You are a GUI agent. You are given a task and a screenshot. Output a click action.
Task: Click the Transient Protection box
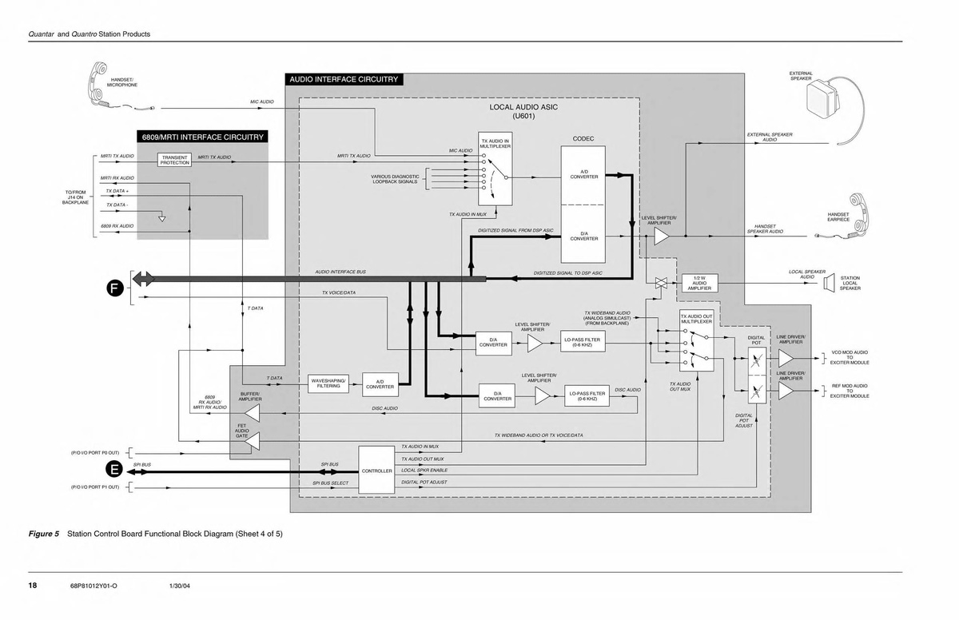pos(175,160)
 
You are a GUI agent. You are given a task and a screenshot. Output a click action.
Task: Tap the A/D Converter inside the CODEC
pos(584,175)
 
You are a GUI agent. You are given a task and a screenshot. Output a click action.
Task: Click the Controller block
pos(376,471)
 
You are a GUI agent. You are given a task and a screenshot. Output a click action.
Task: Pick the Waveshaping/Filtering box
pos(328,384)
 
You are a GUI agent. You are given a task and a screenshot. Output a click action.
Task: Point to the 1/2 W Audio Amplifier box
pos(699,284)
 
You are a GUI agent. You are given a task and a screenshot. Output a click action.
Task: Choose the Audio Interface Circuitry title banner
pos(343,80)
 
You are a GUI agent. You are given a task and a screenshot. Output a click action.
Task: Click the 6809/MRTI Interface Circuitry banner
pos(203,137)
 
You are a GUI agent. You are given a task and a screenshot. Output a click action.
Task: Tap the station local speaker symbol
pos(829,284)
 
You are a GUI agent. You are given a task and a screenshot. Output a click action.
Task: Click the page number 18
pos(33,586)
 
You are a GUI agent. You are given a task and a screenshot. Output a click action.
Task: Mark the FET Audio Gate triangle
pos(253,440)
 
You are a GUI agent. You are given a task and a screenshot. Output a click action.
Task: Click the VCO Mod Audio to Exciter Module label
pos(850,357)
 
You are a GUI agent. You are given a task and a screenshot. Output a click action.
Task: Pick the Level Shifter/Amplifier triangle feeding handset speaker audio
pos(662,236)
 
